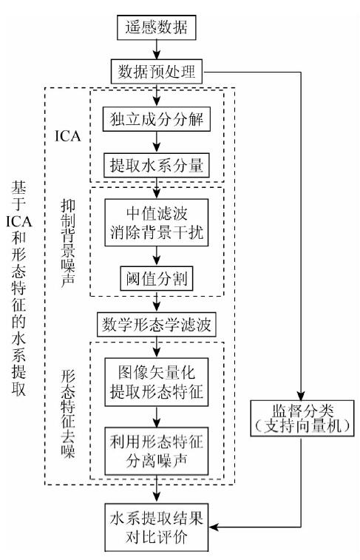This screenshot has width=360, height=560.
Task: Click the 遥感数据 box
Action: click(156, 27)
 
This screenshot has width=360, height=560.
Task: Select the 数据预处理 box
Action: click(156, 72)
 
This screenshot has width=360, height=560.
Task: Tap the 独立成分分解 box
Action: click(156, 119)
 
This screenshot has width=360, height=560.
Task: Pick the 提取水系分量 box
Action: click(156, 166)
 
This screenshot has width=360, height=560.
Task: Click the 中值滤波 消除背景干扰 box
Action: click(156, 223)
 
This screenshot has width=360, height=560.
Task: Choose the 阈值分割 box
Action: click(156, 279)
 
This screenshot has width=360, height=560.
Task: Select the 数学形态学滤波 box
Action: click(156, 325)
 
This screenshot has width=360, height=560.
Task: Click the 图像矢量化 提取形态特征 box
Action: click(156, 382)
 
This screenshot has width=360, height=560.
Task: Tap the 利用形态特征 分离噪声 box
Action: click(156, 451)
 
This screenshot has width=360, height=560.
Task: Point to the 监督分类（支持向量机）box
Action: click(302, 418)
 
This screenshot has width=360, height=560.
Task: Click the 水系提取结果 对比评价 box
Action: click(156, 527)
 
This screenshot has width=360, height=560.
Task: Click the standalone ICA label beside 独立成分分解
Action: click(68, 136)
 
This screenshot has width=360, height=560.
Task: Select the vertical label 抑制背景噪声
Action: click(67, 243)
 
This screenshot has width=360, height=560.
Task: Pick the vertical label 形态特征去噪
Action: click(67, 414)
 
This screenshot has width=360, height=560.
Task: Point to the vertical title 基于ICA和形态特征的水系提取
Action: click(18, 289)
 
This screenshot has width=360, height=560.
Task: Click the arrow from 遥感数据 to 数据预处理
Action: click(156, 50)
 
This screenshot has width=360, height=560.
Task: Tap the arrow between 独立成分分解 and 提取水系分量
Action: click(156, 142)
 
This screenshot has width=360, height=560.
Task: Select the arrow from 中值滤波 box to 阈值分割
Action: click(156, 257)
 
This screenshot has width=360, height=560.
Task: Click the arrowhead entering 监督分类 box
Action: click(301, 395)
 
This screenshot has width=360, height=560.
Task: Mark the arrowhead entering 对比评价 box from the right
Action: click(214, 527)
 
